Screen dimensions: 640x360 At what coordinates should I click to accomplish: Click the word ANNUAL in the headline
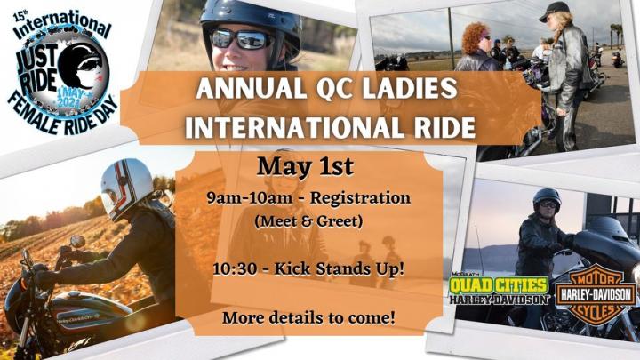click(251, 88)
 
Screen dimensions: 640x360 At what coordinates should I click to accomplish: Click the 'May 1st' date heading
click(305, 166)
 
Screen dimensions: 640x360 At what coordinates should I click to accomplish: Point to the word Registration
click(360, 198)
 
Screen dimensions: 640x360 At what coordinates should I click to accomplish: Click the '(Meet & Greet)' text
click(308, 221)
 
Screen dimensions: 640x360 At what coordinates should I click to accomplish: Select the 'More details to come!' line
click(308, 317)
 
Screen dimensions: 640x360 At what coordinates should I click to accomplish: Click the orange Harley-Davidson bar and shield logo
click(595, 296)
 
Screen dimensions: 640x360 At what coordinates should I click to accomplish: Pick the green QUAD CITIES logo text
click(499, 285)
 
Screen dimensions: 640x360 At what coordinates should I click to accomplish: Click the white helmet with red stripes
click(125, 188)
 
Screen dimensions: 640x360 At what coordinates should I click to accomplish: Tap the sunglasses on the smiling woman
click(242, 40)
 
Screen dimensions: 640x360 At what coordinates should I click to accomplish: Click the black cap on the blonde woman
click(554, 10)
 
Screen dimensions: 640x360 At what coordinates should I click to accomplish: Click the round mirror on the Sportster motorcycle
click(76, 242)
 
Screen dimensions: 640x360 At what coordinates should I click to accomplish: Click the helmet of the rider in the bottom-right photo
click(547, 198)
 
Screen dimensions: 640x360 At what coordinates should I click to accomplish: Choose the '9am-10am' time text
click(249, 198)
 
